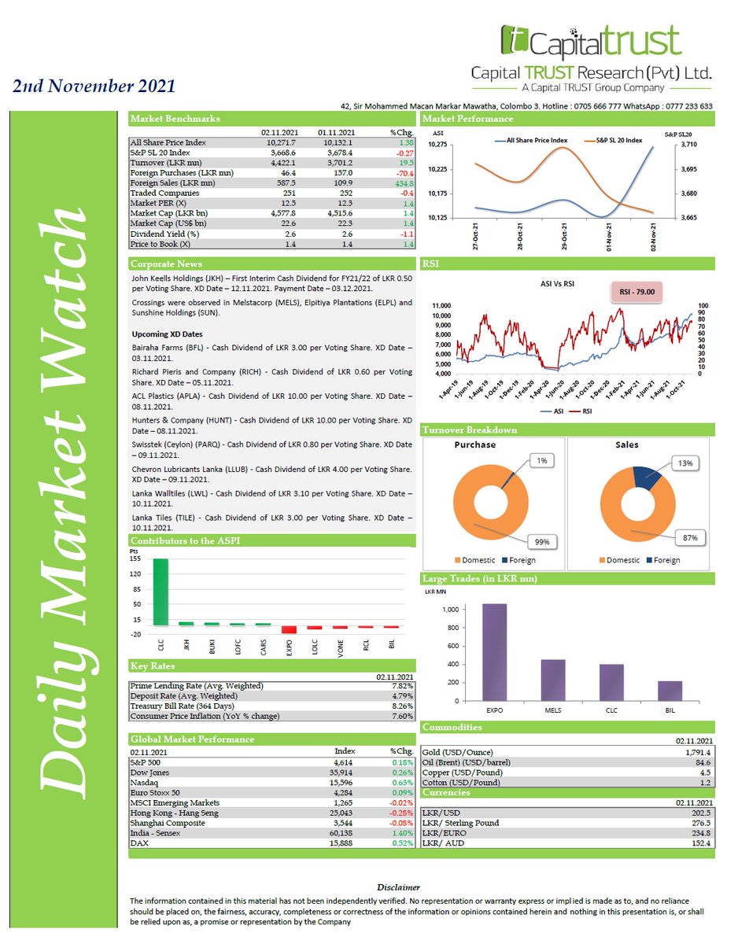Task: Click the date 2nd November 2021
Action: pyautogui.click(x=94, y=86)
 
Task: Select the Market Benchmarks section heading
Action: pyautogui.click(x=175, y=119)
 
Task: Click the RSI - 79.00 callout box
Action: pyautogui.click(x=641, y=292)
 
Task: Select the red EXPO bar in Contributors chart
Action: pyautogui.click(x=289, y=629)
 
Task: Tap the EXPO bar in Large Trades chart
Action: pyautogui.click(x=494, y=652)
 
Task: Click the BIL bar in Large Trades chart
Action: pyautogui.click(x=670, y=691)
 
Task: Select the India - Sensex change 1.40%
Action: pyautogui.click(x=402, y=832)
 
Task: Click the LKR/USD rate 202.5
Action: pyautogui.click(x=699, y=813)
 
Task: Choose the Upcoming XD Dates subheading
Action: pyautogui.click(x=167, y=334)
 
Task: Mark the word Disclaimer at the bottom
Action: pyautogui.click(x=398, y=887)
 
